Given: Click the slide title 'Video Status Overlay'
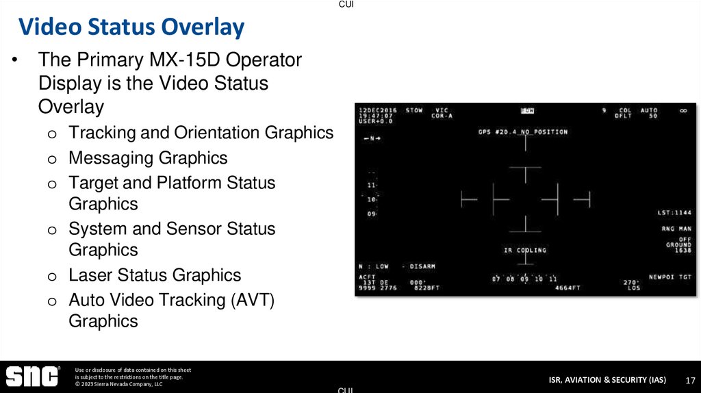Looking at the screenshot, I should tap(131, 27).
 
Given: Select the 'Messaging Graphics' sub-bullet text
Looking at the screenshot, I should tap(148, 158).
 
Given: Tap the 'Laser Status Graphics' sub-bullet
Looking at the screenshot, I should tap(155, 275).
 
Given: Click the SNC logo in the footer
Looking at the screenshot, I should tap(32, 377).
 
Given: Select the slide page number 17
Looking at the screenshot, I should tap(690, 380).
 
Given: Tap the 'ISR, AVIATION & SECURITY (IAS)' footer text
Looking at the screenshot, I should tap(607, 380).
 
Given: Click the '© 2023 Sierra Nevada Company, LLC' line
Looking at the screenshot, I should tap(118, 384).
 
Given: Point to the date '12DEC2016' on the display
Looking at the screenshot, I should tap(377, 110).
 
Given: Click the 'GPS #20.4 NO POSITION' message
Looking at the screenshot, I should tap(523, 131).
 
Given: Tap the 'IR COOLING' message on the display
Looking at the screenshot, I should tap(525, 251).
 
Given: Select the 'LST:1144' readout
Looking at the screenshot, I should tap(674, 213).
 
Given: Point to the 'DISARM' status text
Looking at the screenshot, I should tap(422, 266).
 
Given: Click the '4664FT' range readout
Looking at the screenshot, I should tap(568, 288).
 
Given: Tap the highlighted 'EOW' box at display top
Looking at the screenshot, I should tap(527, 110).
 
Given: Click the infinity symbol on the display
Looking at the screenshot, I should tap(683, 110).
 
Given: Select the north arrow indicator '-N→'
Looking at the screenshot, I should tap(372, 139).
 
